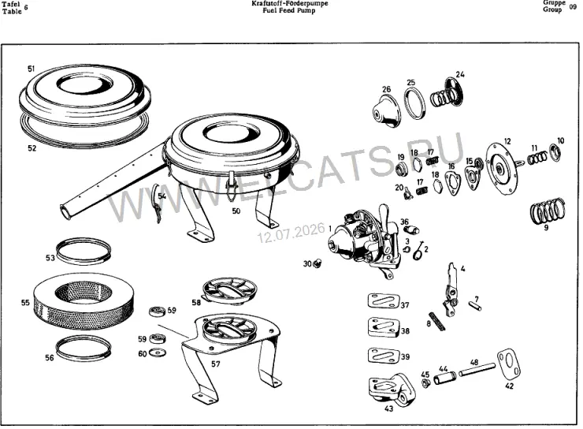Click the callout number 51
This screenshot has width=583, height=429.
[32, 69]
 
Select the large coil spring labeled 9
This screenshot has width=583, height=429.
[548, 211]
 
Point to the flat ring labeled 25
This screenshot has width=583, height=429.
[414, 103]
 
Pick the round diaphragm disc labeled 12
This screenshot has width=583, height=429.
[503, 169]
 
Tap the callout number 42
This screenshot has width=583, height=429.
[510, 386]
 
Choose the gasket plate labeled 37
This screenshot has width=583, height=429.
[384, 301]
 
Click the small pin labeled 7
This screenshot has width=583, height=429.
[476, 305]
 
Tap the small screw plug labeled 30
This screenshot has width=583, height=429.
[317, 264]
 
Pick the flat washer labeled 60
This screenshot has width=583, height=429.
[157, 352]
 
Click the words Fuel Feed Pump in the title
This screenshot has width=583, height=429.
[289, 10]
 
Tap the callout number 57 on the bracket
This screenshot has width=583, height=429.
[216, 364]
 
